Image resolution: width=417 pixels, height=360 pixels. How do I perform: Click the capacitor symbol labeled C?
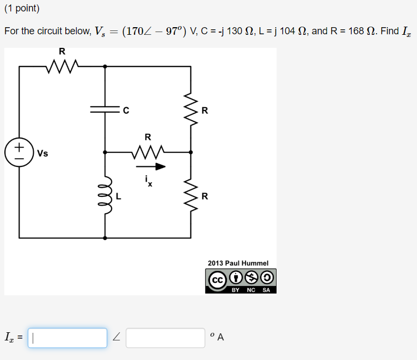105,109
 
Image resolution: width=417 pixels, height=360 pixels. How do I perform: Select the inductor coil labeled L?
105,195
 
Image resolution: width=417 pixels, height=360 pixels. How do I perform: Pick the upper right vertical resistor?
191,109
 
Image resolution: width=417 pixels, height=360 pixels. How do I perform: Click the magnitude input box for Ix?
68,338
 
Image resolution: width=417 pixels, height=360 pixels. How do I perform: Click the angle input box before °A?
165,338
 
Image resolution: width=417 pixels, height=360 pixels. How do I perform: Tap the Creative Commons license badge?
241,281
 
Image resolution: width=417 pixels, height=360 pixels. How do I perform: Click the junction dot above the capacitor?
105,66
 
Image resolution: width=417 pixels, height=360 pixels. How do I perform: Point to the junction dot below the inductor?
105,238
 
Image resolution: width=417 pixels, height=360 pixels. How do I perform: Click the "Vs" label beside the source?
42,153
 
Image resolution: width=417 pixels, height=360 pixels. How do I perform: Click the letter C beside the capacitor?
126,110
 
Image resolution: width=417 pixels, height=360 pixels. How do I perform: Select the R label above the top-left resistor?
62,51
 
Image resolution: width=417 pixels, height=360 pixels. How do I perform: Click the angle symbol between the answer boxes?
116,338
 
